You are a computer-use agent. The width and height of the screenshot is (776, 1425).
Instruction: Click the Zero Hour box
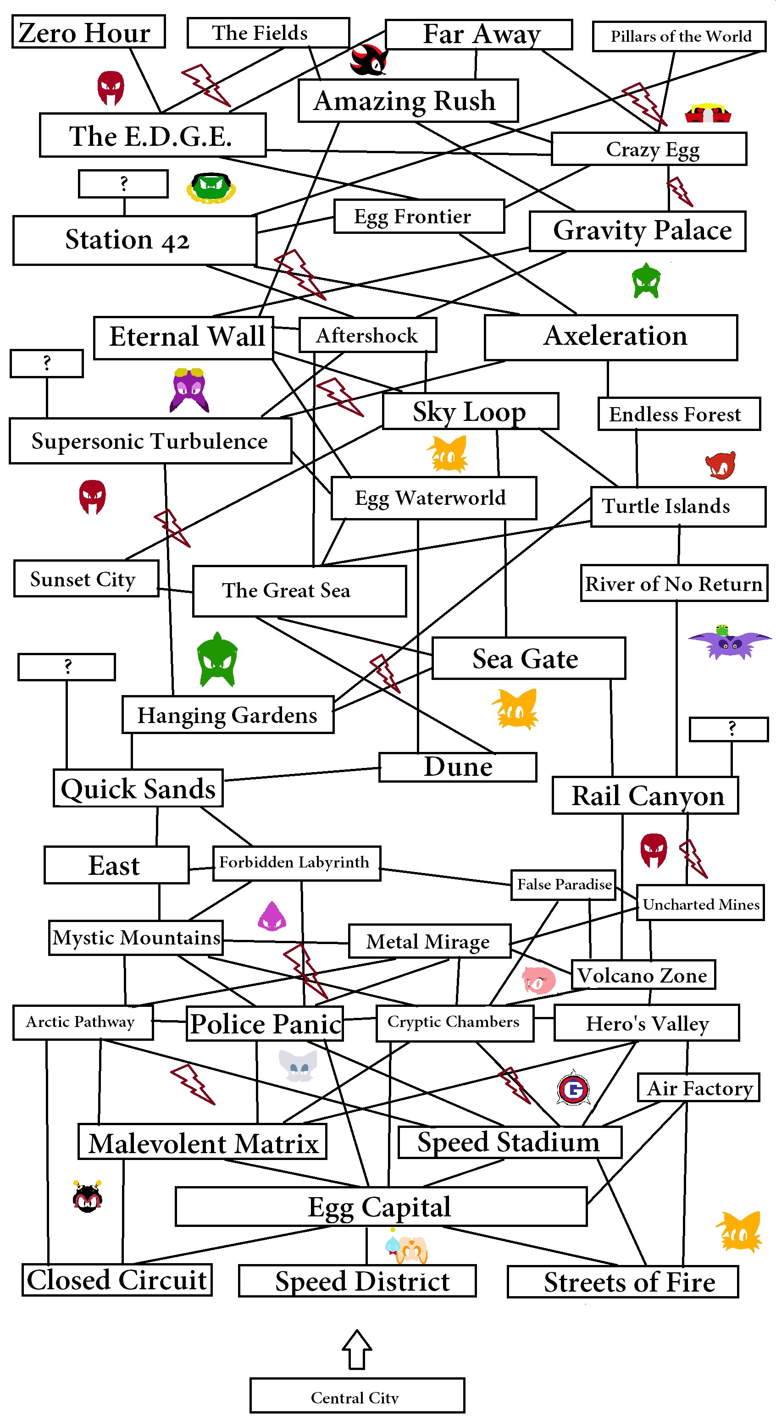pos(88,32)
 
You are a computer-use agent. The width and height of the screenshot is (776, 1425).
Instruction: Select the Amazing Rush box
pos(408,101)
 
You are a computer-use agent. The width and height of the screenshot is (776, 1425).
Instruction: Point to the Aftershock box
pos(367,335)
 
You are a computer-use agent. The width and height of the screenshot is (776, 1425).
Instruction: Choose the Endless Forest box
pos(679,414)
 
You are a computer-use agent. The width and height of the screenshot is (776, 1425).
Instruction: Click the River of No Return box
pos(674,583)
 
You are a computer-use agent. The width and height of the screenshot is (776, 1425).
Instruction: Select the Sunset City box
pos(86,579)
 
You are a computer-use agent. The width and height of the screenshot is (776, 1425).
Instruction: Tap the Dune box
pos(457,767)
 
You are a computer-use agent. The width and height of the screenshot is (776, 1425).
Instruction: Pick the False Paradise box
pos(563,884)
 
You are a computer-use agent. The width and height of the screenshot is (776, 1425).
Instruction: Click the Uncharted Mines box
pos(700,903)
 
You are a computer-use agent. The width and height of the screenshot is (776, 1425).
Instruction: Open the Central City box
pos(356,1396)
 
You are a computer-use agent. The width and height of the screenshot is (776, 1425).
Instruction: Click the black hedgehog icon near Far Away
pos(367,61)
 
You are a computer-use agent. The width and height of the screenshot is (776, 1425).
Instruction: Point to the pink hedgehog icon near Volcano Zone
pos(538,980)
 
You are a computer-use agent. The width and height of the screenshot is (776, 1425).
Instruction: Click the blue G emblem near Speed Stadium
pos(573,1088)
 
